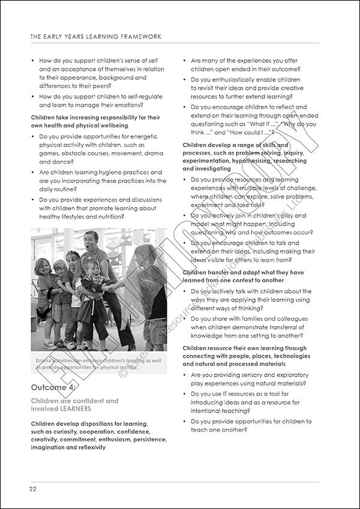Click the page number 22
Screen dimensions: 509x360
[x=34, y=489]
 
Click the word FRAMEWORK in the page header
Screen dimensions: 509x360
[x=140, y=37]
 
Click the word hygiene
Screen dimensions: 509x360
[x=103, y=172]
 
